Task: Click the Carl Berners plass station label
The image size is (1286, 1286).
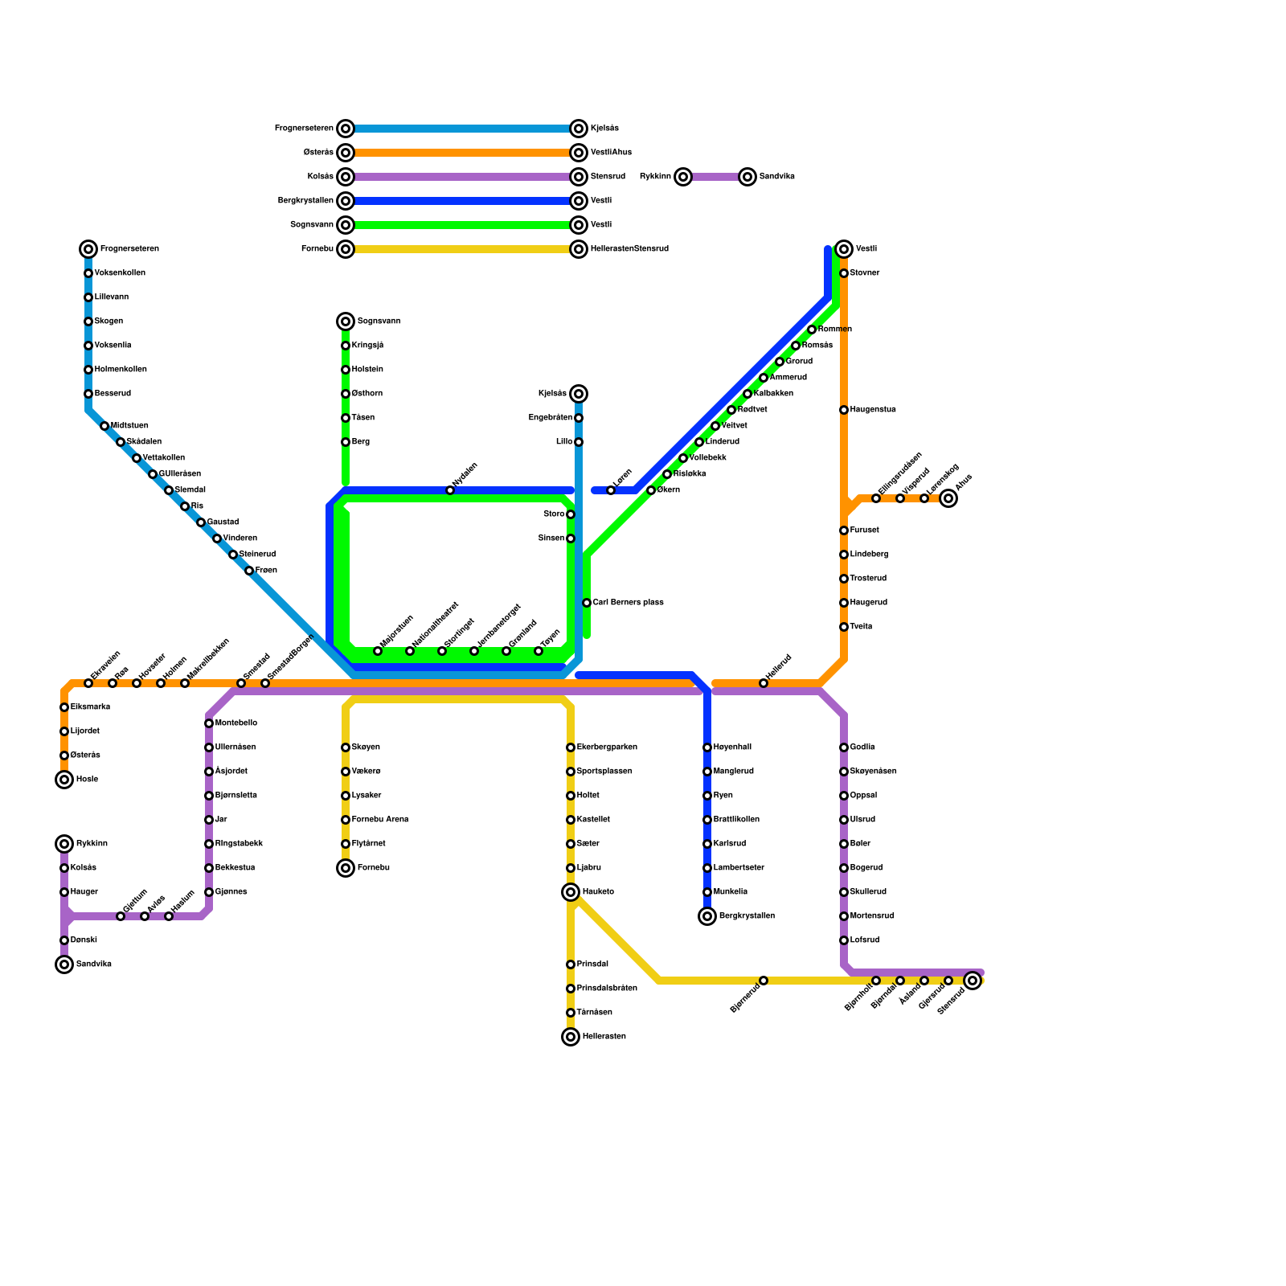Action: tap(628, 603)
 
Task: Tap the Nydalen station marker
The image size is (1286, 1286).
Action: tap(450, 490)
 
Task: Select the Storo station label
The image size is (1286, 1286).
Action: tap(554, 514)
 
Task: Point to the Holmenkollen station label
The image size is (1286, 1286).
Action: tap(121, 370)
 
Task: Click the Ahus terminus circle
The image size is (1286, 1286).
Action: tap(948, 498)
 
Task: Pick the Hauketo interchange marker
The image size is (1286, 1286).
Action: tap(571, 892)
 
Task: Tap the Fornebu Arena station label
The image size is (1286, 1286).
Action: tap(380, 820)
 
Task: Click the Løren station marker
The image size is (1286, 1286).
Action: tap(611, 490)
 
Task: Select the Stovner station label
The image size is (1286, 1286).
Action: tap(865, 273)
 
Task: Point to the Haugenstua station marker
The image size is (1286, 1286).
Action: tap(844, 410)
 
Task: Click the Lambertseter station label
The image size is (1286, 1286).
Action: tap(739, 868)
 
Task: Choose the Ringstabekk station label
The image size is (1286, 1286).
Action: tap(240, 844)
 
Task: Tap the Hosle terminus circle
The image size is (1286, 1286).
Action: tap(64, 780)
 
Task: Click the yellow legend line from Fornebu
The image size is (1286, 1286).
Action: tap(462, 249)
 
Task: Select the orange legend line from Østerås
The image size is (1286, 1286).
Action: tap(462, 153)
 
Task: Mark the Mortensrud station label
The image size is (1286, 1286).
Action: tap(872, 916)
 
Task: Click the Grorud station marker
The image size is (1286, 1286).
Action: tap(780, 362)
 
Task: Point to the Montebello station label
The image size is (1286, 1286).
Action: tap(236, 723)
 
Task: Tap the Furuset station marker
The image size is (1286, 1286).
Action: tap(844, 530)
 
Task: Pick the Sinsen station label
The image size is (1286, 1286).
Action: tap(551, 539)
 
